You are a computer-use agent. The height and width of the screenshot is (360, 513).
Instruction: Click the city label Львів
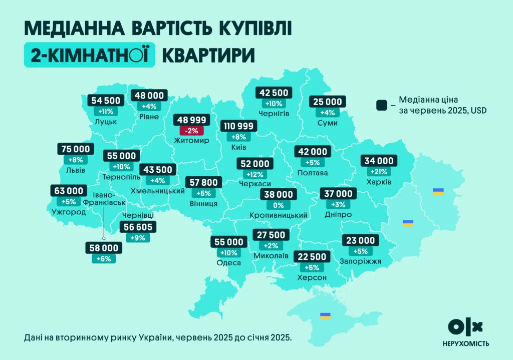pyautogui.click(x=75, y=170)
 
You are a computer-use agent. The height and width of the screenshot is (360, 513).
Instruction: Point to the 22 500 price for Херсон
pyautogui.click(x=312, y=257)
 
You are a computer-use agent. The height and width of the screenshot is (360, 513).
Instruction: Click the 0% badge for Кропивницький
pyautogui.click(x=278, y=205)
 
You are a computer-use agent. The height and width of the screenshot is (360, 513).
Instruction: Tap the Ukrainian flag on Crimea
pyautogui.click(x=325, y=316)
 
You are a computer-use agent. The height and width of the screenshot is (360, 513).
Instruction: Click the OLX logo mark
pyautogui.click(x=465, y=327)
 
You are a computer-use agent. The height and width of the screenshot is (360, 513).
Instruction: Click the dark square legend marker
pyautogui.click(x=382, y=105)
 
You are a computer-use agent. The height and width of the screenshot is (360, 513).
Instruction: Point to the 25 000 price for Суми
pyautogui.click(x=328, y=102)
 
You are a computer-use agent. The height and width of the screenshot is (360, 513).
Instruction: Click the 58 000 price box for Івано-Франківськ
pyautogui.click(x=104, y=248)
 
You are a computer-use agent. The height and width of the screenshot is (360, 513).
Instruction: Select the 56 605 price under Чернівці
pyautogui.click(x=138, y=227)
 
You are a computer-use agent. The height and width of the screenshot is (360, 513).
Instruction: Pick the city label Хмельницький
pyautogui.click(x=158, y=191)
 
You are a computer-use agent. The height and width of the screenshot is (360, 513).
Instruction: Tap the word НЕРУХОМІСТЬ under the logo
pyautogui.click(x=465, y=343)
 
